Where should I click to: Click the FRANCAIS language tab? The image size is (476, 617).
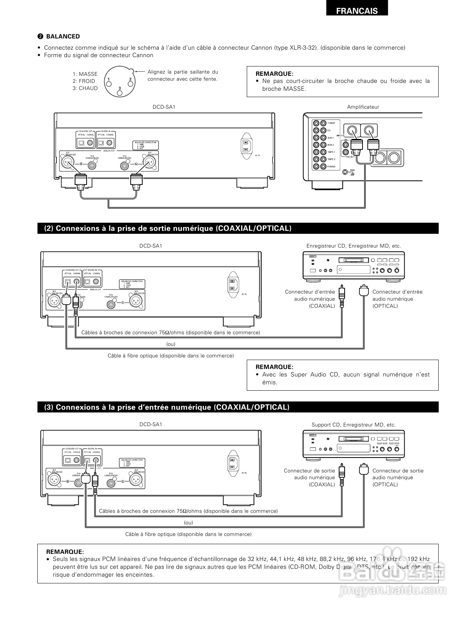[357, 11]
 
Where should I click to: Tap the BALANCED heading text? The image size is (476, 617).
[63, 36]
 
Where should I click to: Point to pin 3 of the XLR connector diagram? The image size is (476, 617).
[119, 91]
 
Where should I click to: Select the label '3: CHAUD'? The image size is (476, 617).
[85, 88]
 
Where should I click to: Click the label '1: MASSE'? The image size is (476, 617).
[85, 74]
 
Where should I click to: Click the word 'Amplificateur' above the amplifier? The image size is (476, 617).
[363, 107]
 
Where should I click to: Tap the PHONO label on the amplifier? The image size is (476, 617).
[331, 167]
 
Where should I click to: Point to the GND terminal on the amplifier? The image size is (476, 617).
[345, 172]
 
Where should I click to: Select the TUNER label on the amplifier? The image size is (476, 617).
[331, 123]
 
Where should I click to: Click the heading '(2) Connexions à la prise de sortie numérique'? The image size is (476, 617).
[168, 228]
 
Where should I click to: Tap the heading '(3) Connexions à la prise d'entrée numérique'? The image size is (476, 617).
[167, 407]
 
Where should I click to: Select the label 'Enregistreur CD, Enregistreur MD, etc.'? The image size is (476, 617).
[354, 246]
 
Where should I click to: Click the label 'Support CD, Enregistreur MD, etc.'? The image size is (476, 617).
[354, 425]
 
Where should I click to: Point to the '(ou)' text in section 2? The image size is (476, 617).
[171, 344]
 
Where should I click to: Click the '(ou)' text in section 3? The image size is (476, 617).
[189, 523]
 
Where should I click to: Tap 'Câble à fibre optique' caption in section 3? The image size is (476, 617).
[188, 534]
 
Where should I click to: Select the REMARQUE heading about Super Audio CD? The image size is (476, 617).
[274, 367]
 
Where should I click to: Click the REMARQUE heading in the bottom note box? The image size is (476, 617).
[65, 552]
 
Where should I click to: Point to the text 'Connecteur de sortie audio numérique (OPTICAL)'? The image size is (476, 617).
[398, 477]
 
